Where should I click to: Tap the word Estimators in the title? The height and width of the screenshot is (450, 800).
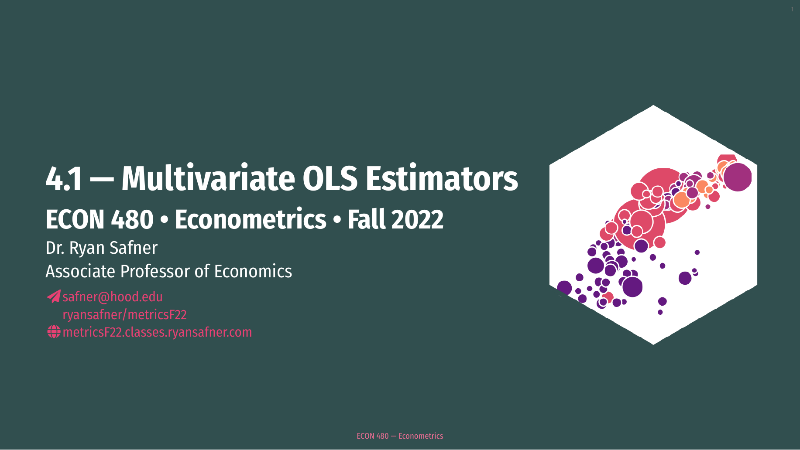point(442,178)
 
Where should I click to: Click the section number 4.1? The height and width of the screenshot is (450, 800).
point(64,179)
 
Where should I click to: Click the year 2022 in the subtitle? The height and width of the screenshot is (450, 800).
point(418,219)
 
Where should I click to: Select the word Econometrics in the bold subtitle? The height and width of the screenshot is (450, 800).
point(251,219)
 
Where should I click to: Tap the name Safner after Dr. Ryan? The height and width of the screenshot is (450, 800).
point(134,248)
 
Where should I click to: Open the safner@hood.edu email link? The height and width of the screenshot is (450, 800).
point(113,297)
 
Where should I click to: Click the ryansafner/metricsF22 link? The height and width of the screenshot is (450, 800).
point(125,314)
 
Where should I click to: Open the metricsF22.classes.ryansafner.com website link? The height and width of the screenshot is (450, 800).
point(157,332)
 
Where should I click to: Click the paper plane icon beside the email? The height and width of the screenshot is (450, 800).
point(54,297)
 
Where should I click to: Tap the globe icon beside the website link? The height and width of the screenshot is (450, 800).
point(54,332)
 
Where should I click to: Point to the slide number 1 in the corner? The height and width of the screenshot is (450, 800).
point(792,10)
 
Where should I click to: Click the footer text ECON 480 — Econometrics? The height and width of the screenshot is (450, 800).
point(400,436)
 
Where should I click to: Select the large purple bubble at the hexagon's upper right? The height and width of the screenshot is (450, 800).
point(738,177)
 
